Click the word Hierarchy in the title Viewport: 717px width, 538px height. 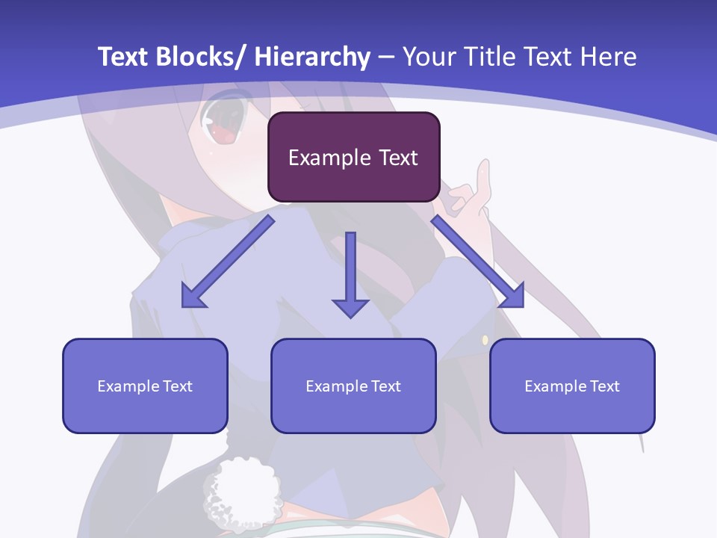pos(312,57)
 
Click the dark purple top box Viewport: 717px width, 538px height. pos(353,157)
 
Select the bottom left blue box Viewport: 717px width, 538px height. pos(145,386)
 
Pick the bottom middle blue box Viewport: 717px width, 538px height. pos(353,386)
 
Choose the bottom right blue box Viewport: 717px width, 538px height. pos(572,386)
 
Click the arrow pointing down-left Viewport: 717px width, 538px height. pos(228,262)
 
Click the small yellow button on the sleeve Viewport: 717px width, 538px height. pos(485,340)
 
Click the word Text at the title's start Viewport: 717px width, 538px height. pos(122,57)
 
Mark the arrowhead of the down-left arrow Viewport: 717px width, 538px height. pos(193,296)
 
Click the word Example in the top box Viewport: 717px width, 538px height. pos(325,158)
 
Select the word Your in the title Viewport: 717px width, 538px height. pos(426,57)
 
